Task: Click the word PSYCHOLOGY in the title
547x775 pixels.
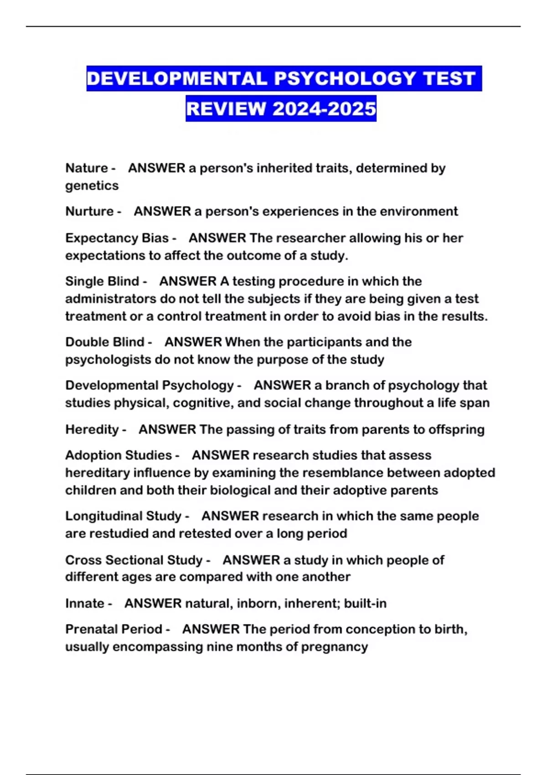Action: pos(345,78)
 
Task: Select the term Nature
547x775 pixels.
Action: pos(87,168)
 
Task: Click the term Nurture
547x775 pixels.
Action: pos(89,212)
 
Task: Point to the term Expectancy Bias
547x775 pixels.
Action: pos(117,238)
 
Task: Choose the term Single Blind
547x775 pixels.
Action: pos(102,281)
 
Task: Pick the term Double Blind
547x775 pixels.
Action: pos(104,342)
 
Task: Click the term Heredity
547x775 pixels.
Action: pos(92,429)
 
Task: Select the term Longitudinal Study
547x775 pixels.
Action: pos(124,516)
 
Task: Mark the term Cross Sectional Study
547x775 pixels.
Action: pos(134,560)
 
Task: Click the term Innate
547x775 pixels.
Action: pos(85,604)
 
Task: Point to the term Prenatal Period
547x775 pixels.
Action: pos(114,629)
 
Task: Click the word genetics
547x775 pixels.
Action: pos(92,186)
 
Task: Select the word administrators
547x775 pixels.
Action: pos(111,299)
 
